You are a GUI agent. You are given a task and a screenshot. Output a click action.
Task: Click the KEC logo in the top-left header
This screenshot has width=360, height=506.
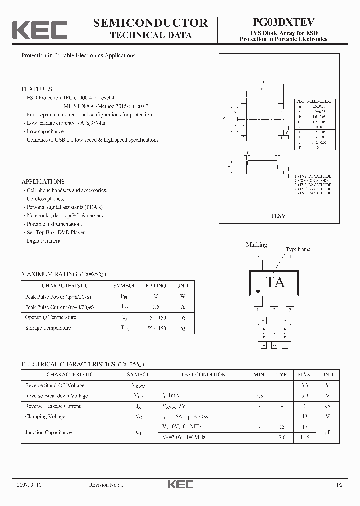pyautogui.click(x=39, y=29)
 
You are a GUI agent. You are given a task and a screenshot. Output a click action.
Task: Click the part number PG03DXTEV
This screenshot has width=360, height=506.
pyautogui.click(x=283, y=23)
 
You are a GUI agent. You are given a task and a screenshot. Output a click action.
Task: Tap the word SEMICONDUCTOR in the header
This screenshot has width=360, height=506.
pyautogui.click(x=150, y=23)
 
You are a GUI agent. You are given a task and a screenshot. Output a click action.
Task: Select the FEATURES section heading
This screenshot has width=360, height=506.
pyautogui.click(x=36, y=89)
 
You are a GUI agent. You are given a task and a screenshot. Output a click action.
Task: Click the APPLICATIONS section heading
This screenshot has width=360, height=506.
pyautogui.click(x=43, y=182)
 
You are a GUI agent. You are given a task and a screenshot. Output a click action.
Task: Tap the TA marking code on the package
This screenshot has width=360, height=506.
pyautogui.click(x=275, y=282)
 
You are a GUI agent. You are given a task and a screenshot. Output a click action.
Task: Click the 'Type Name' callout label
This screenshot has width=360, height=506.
pyautogui.click(x=298, y=249)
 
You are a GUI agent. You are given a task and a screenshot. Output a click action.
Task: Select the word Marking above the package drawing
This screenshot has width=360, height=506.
pyautogui.click(x=256, y=245)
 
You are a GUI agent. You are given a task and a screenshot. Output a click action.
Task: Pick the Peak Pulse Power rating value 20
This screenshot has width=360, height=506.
pyautogui.click(x=155, y=296)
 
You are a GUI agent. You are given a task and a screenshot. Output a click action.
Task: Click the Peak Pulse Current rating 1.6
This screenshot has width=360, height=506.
pyautogui.click(x=155, y=307)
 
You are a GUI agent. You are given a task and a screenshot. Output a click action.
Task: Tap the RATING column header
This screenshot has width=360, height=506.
pyautogui.click(x=155, y=286)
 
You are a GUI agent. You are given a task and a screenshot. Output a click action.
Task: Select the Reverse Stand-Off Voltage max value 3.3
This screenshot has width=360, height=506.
pyautogui.click(x=304, y=385)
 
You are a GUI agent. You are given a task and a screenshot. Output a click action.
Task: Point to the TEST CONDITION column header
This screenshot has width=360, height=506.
pyautogui.click(x=203, y=374)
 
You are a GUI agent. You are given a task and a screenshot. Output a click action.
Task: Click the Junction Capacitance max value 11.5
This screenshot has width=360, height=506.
pyautogui.click(x=304, y=437)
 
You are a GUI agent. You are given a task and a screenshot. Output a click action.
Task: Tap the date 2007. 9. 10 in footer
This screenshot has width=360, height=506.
pyautogui.click(x=29, y=485)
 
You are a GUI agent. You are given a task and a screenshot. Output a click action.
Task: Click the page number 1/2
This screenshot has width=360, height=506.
pyautogui.click(x=340, y=485)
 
